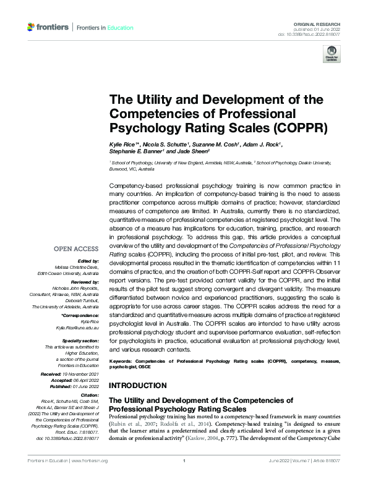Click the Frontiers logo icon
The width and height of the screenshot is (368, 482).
click(x=32, y=27)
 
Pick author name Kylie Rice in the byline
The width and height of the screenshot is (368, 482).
click(x=122, y=144)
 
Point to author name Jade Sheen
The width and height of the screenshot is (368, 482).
click(x=194, y=151)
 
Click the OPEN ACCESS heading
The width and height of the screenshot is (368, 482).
click(x=76, y=249)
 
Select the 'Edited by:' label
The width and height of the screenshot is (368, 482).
click(x=87, y=261)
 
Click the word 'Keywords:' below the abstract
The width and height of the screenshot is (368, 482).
click(x=121, y=360)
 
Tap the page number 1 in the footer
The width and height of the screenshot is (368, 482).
click(x=184, y=477)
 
